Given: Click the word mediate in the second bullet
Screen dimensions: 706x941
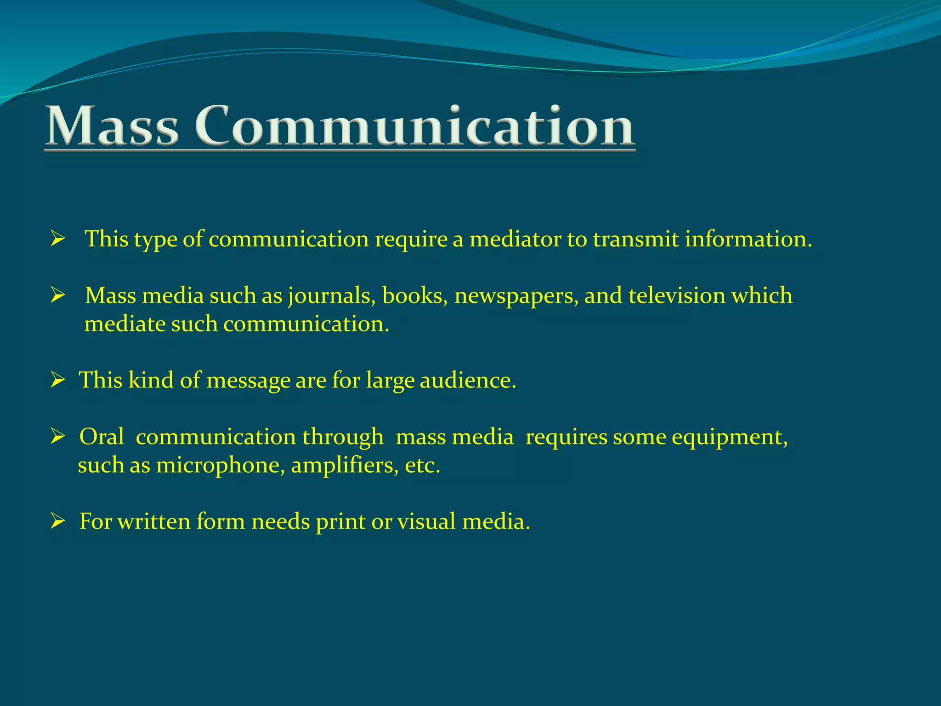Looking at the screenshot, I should coord(125,324).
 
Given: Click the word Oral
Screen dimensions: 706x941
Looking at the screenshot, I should coord(102,437).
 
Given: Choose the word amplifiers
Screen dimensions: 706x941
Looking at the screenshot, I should coord(345,465).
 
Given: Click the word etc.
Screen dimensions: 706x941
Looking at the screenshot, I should coord(423,465).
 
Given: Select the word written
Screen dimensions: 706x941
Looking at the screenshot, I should coord(154,522).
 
